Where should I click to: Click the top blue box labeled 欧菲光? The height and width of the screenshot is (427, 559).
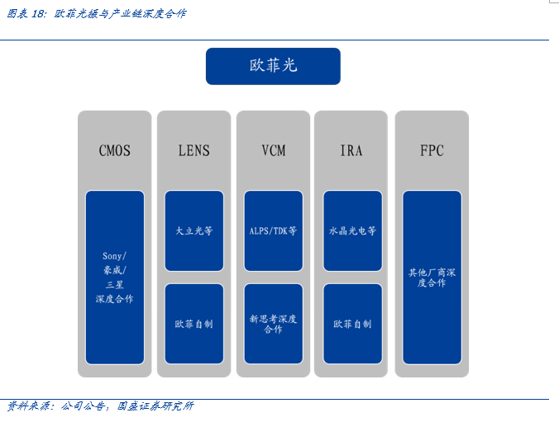click(273, 66)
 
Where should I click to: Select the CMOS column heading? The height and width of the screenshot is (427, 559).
click(114, 150)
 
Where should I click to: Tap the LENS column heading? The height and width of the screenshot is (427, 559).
click(193, 150)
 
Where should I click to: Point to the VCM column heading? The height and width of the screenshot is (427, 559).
click(273, 150)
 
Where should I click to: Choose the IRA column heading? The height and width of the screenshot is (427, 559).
click(351, 150)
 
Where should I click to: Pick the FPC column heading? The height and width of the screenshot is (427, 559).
click(432, 150)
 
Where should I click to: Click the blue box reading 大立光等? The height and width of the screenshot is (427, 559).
click(193, 231)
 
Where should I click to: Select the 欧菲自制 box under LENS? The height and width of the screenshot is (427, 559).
click(193, 324)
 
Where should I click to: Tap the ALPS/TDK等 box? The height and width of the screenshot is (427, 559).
click(273, 231)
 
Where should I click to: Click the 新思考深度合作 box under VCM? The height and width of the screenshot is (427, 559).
click(273, 324)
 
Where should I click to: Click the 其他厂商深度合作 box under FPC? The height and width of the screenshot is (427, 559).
click(432, 277)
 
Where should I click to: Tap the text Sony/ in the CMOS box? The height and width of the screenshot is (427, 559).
click(114, 256)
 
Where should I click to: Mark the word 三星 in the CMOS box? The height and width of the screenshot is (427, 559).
click(114, 284)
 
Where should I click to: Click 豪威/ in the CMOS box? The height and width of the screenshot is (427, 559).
click(114, 270)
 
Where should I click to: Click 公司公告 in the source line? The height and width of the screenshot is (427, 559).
click(84, 406)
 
